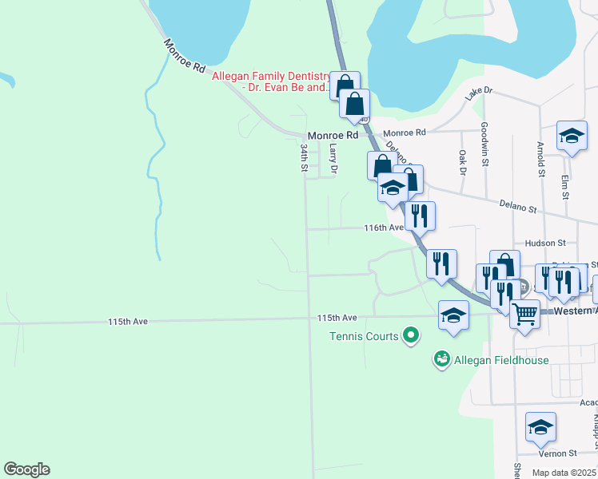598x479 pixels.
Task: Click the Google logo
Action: (27, 469)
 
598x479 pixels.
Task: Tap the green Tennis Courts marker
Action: (411, 335)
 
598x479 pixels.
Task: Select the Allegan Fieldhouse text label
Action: (501, 360)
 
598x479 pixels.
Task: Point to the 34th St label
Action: (304, 157)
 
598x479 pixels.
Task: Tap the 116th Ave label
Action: (384, 228)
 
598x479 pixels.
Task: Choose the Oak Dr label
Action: (462, 160)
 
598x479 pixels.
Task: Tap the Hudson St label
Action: (545, 243)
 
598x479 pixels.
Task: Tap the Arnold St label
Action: (541, 160)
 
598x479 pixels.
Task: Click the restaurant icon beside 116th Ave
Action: (419, 215)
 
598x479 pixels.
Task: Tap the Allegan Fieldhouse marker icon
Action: (441, 360)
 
